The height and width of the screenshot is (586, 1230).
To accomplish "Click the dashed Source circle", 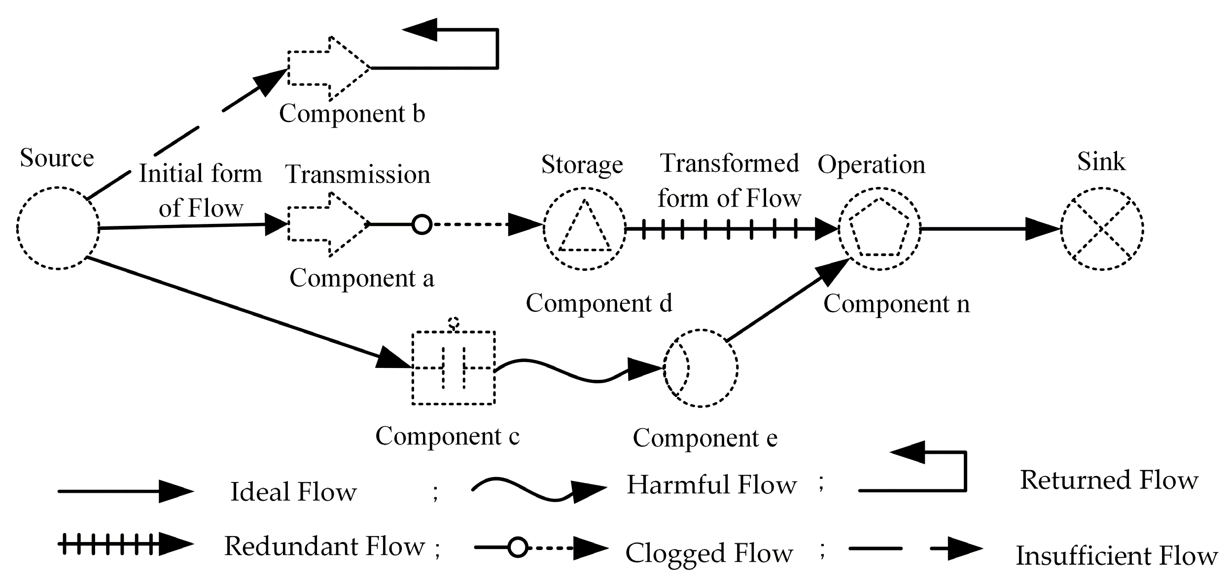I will tap(58, 228).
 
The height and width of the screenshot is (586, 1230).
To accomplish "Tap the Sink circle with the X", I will tap(1102, 228).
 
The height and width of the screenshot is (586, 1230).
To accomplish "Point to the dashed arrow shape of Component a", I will tap(329, 224).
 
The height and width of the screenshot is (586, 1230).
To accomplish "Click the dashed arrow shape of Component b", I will tap(329, 68).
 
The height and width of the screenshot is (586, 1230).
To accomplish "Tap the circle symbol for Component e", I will tap(700, 368).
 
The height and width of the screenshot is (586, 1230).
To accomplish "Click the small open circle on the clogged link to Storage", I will tap(422, 224).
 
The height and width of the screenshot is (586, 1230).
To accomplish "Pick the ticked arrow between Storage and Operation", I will tap(730, 229).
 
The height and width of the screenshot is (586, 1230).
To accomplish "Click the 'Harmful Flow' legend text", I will tap(711, 485).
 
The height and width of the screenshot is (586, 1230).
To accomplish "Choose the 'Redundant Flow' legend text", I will tap(324, 546).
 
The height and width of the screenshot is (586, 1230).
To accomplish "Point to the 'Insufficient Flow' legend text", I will tap(1117, 556).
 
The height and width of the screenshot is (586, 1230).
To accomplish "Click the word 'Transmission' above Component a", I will tap(358, 175).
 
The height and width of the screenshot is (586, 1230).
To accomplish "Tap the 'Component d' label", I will tap(598, 303).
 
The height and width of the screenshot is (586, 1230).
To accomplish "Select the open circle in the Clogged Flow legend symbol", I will tap(518, 548).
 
